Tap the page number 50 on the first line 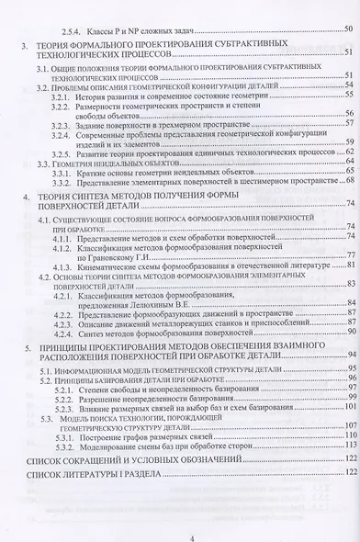click(345, 31)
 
